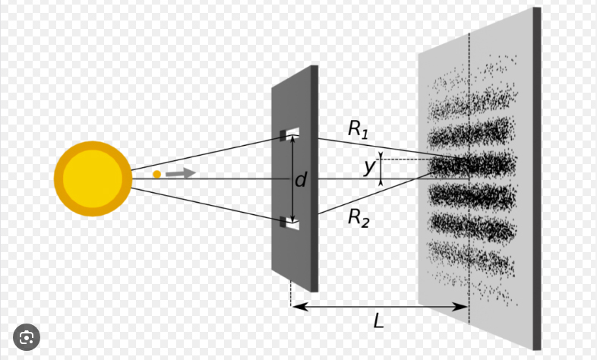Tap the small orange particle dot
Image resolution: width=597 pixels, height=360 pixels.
pyautogui.click(x=156, y=174)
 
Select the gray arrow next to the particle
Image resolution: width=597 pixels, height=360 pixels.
pyautogui.click(x=181, y=173)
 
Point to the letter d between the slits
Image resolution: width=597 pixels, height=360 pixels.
pyautogui.click(x=301, y=180)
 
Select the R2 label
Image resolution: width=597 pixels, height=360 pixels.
pyautogui.click(x=358, y=217)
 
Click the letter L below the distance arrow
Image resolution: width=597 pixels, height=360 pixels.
pyautogui.click(x=379, y=321)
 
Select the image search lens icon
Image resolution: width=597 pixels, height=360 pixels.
pyautogui.click(x=27, y=336)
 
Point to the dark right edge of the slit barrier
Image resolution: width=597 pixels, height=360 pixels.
pyautogui.click(x=314, y=178)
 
